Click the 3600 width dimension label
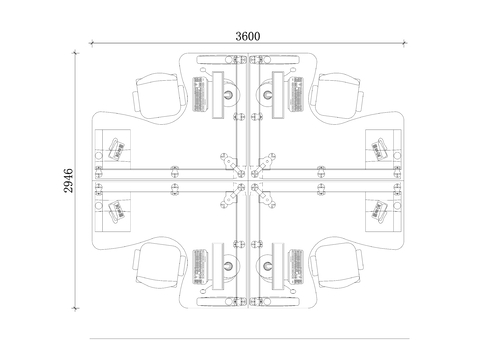coord(248,36)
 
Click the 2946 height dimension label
coord(68,180)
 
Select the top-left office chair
coord(161,96)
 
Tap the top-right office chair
coord(336,96)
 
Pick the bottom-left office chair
coord(161,265)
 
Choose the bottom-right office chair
coord(336,265)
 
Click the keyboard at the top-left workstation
coord(199,94)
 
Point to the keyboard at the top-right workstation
coord(296,94)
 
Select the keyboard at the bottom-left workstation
coord(199,267)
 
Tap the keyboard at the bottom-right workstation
coord(296,267)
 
